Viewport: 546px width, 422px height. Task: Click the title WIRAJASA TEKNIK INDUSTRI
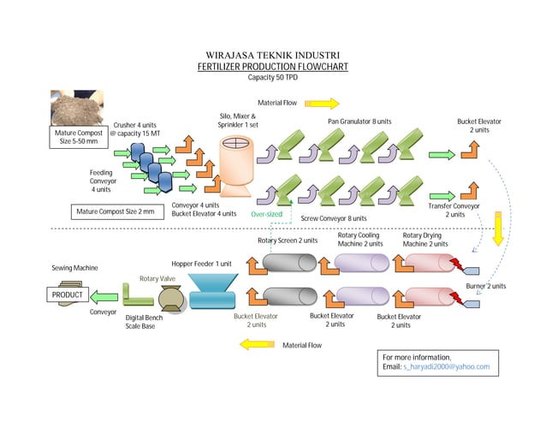coord(273,53)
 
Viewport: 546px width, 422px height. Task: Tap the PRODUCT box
coord(67,295)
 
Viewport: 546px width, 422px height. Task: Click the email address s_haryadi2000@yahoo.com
coord(446,366)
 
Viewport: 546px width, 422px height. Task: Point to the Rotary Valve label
coord(158,278)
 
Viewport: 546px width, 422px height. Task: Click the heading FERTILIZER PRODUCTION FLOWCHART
coord(273,66)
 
